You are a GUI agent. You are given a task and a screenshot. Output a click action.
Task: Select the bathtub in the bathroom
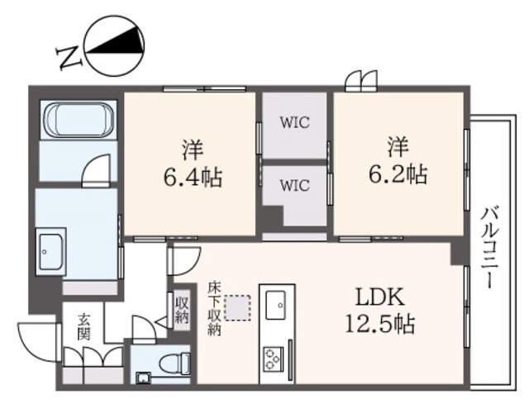click(x=79, y=122)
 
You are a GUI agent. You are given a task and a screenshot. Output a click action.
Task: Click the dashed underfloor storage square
click(x=239, y=307)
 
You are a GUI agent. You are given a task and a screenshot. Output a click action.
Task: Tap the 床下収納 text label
click(x=214, y=308)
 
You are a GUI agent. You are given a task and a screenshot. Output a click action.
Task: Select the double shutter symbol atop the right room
click(x=357, y=80)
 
